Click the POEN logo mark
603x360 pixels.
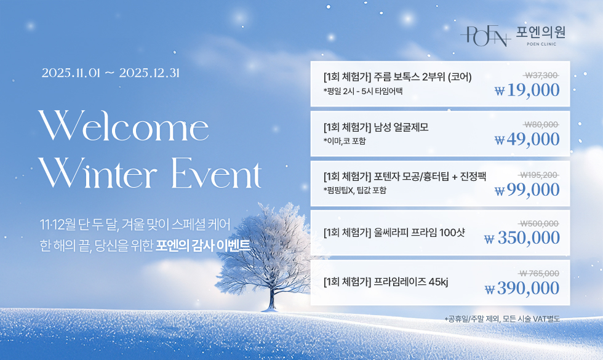click(x=485, y=36)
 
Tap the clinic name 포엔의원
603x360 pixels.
click(x=540, y=32)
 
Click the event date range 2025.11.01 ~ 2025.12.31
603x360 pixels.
click(x=111, y=73)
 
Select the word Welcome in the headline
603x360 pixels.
click(x=124, y=126)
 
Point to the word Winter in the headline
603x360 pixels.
click(x=99, y=173)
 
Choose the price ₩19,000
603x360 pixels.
click(x=527, y=90)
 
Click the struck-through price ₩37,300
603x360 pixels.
click(x=541, y=75)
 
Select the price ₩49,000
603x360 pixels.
click(x=527, y=139)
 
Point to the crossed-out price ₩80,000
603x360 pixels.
click(x=541, y=124)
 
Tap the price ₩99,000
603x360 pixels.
click(x=527, y=190)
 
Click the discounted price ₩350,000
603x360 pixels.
click(x=522, y=238)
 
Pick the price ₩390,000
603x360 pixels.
click(x=522, y=288)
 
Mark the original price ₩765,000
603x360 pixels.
click(x=539, y=273)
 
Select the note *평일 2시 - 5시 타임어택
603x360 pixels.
click(x=363, y=91)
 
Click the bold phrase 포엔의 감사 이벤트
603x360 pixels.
click(x=203, y=246)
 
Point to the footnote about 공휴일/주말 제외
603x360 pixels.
click(x=502, y=319)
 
